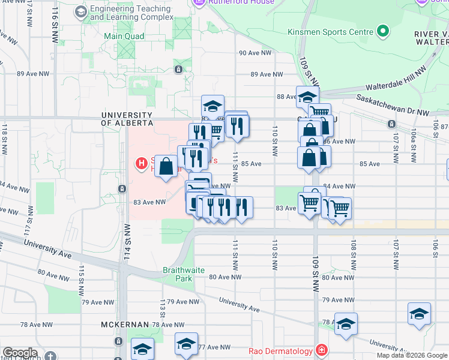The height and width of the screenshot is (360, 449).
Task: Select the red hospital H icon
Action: tap(142, 163)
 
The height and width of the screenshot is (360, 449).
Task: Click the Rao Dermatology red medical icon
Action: tap(322, 350)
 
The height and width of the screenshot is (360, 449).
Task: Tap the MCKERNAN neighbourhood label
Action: tap(124, 325)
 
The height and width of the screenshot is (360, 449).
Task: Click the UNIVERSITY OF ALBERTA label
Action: tap(127, 119)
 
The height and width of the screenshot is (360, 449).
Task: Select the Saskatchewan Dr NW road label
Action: tap(393, 104)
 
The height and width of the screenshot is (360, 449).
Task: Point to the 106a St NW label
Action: tap(414, 139)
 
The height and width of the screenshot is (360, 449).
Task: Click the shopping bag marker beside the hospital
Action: tap(167, 165)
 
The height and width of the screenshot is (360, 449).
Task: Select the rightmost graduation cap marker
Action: tap(419, 314)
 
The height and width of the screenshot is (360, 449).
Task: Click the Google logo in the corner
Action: tap(20, 353)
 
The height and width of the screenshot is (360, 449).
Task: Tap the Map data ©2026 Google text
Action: tap(412, 355)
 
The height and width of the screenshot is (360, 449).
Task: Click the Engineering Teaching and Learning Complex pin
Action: tap(80, 12)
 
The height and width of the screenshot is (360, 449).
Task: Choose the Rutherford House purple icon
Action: tap(199, 2)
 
